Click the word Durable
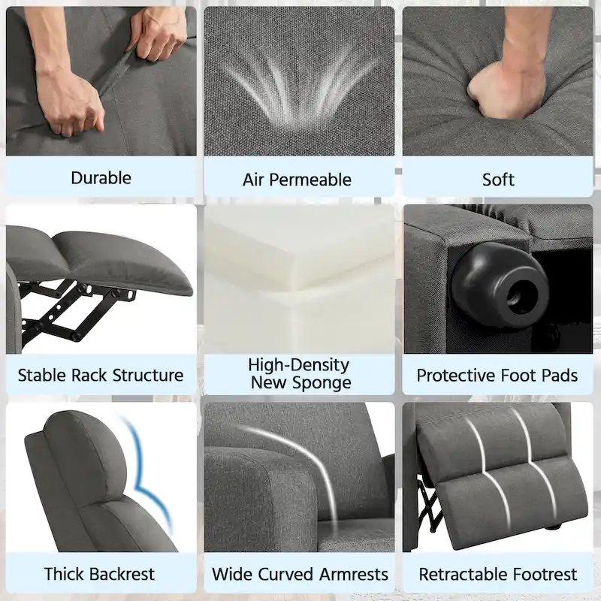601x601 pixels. (101, 178)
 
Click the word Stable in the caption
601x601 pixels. (42, 375)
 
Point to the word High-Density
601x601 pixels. (299, 365)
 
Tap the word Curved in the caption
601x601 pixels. (282, 575)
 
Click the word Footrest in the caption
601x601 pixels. (545, 575)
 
